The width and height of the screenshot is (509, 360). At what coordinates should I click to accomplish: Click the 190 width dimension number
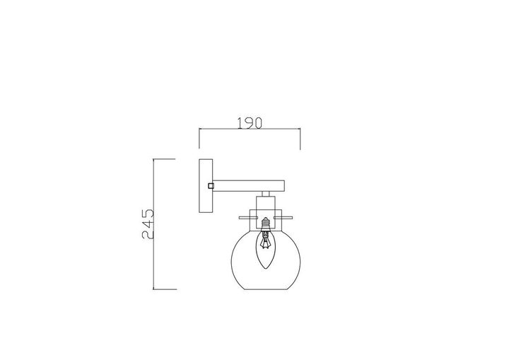pos(250,122)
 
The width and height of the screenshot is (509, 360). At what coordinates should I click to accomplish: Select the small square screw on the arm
pos(211,185)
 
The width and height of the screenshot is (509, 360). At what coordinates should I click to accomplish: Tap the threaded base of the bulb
pos(264,224)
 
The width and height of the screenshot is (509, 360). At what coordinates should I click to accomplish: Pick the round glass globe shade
pos(264,257)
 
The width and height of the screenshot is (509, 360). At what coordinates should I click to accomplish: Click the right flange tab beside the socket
pos(284,216)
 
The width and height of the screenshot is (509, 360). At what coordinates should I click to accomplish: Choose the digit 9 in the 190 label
pos(250,122)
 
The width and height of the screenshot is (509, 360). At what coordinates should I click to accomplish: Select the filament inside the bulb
pos(264,243)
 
